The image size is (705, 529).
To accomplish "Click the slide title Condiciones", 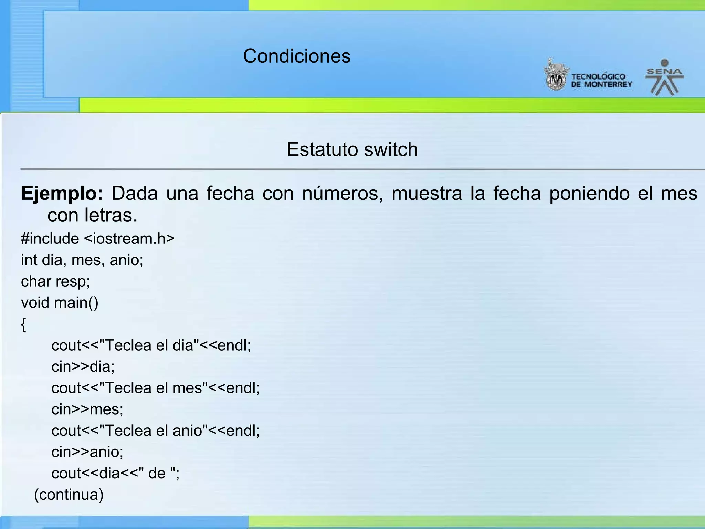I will coord(297,56).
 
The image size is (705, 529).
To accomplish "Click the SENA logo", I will coord(664,77).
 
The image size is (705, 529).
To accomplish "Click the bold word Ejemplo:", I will coord(62,193).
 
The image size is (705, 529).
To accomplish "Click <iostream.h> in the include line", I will coord(129,239).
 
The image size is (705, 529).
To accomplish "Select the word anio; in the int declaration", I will coord(126,260).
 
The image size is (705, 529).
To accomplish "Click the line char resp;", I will coord(55,281).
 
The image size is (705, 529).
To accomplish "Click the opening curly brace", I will coord(23,324).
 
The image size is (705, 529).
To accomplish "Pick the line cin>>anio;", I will coord(87,452).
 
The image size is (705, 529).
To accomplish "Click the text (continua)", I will coord(69,495).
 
